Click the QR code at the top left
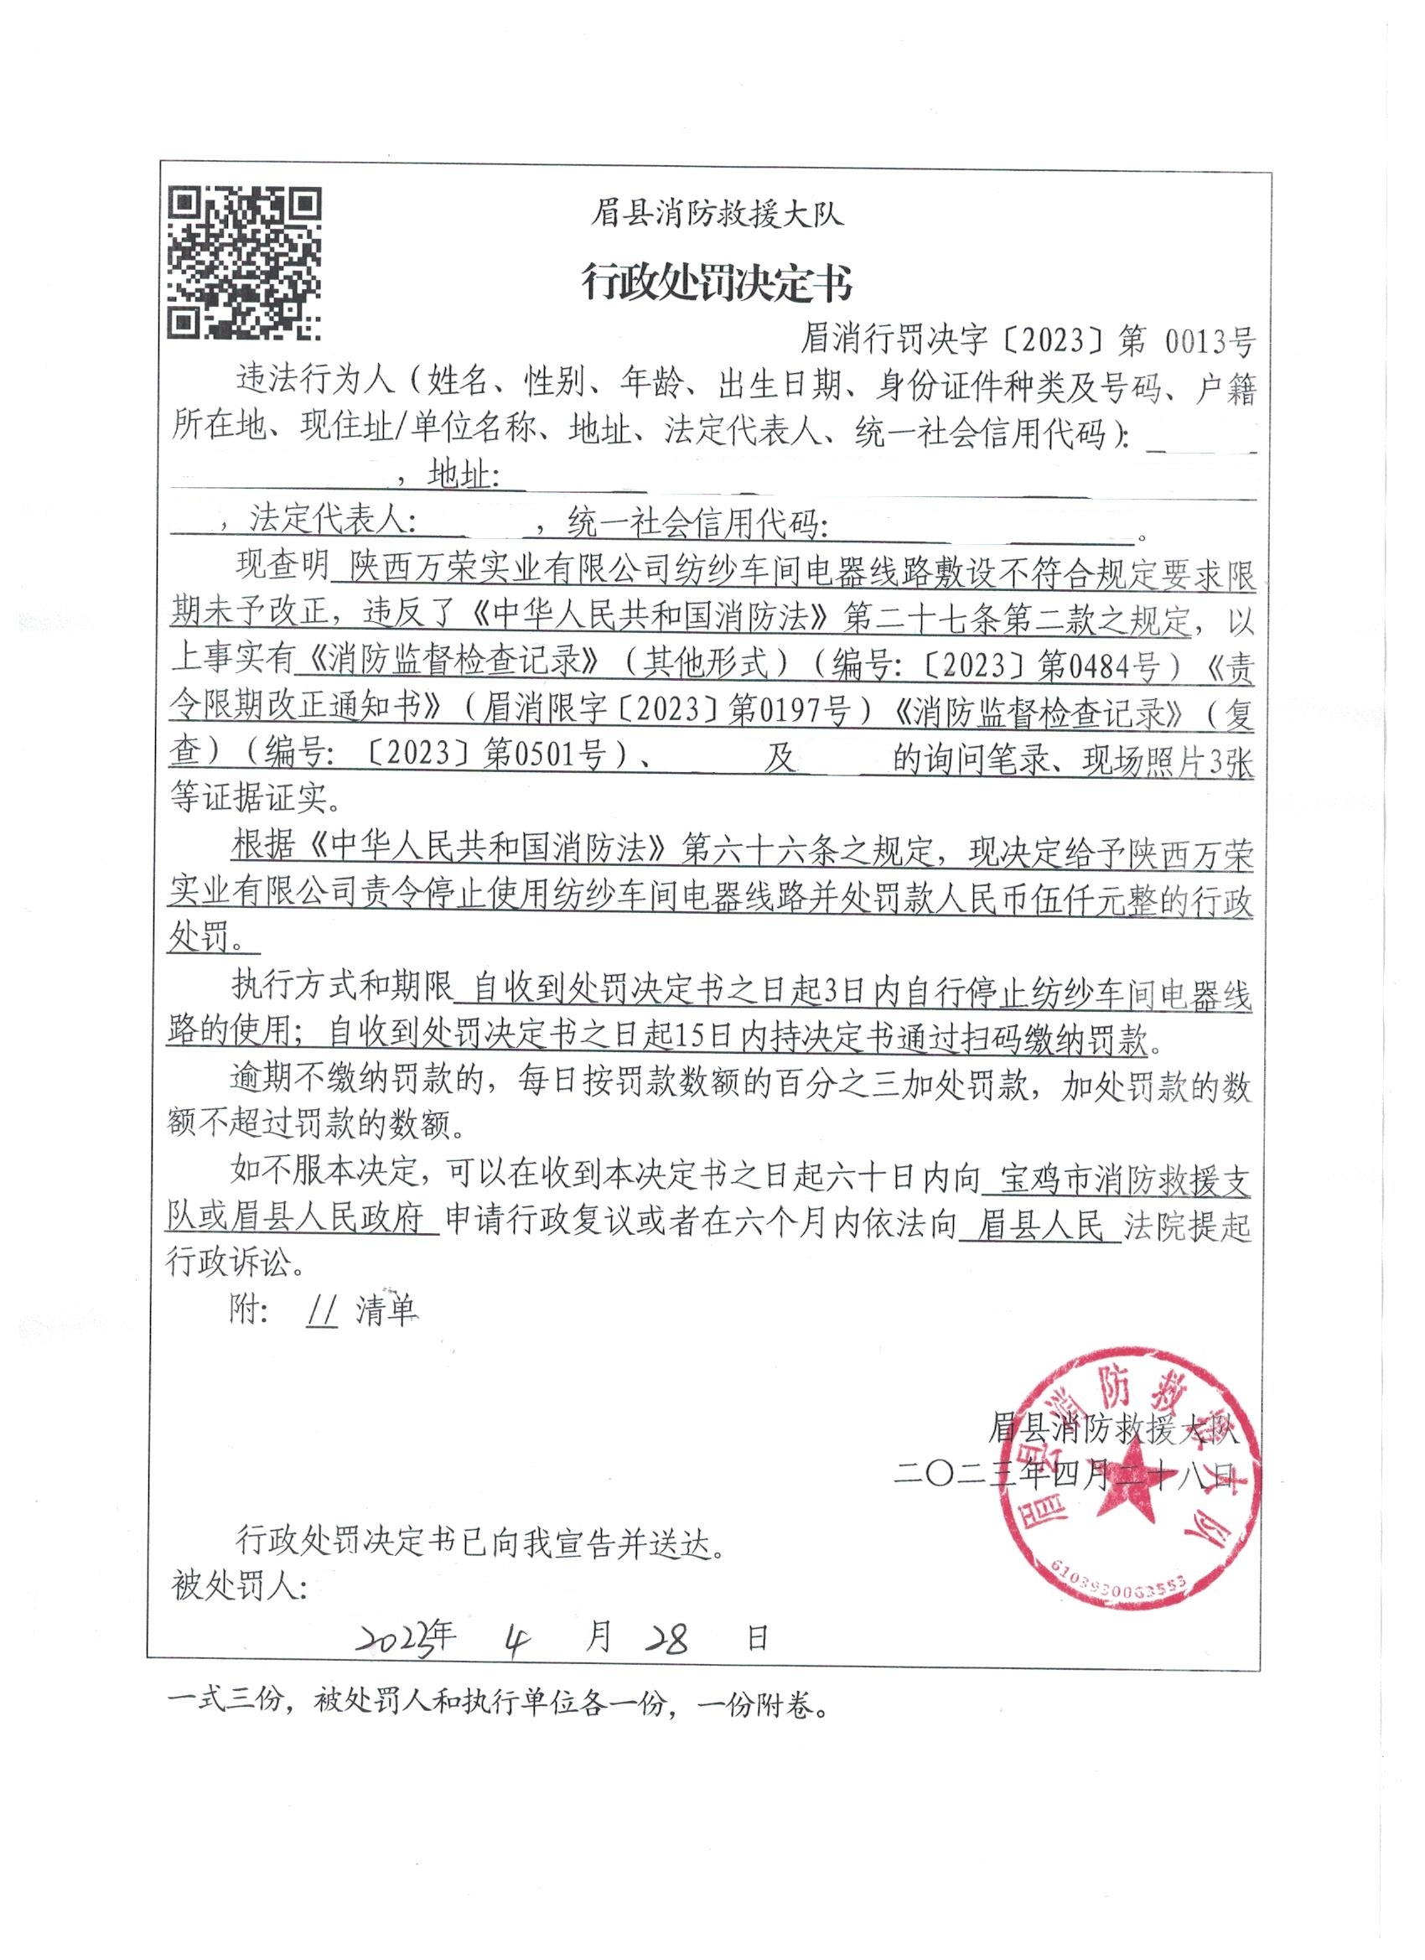click(x=245, y=262)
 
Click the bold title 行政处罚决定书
click(x=717, y=283)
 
